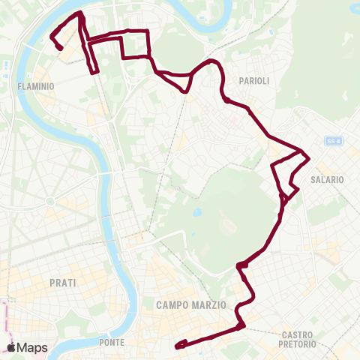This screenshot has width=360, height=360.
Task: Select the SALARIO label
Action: pos(326,180)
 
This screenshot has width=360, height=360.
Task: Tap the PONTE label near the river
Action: pos(112,343)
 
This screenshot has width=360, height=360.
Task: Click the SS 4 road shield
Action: pos(333,141)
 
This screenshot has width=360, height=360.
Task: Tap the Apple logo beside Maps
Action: pos(13,347)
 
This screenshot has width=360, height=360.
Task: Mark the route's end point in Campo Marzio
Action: pos(177,346)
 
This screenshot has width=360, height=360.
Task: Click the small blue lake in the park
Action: pos(196,213)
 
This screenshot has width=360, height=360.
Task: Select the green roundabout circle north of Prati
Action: pos(50,201)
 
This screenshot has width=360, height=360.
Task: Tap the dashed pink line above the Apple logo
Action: pos(5,319)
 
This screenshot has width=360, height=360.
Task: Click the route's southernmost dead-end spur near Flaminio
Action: pos(95,72)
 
